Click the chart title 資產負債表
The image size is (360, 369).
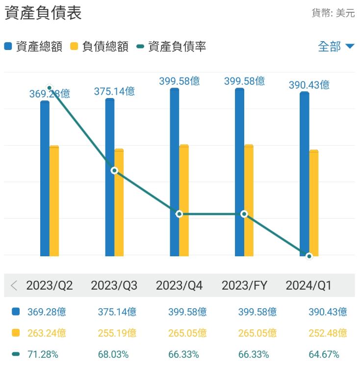coord(43,13)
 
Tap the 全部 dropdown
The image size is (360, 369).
coord(335,47)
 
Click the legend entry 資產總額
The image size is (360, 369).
coord(33,47)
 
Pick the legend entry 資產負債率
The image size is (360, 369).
coord(171,47)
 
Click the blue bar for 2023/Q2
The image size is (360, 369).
coord(45,178)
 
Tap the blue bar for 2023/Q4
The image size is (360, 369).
coord(175,172)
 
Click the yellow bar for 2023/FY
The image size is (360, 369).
coord(249,200)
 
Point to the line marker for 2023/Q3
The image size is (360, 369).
coord(114,171)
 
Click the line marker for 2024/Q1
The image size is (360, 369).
coord(309,256)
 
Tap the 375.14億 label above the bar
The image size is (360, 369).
coord(114,91)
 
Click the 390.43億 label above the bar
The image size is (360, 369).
coord(309,85)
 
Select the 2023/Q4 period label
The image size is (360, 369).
coord(179,286)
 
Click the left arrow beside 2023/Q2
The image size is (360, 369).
coord(14,286)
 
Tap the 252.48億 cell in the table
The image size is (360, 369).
coord(328,333)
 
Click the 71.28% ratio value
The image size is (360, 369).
coord(44,354)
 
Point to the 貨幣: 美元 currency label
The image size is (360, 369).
coord(333,13)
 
